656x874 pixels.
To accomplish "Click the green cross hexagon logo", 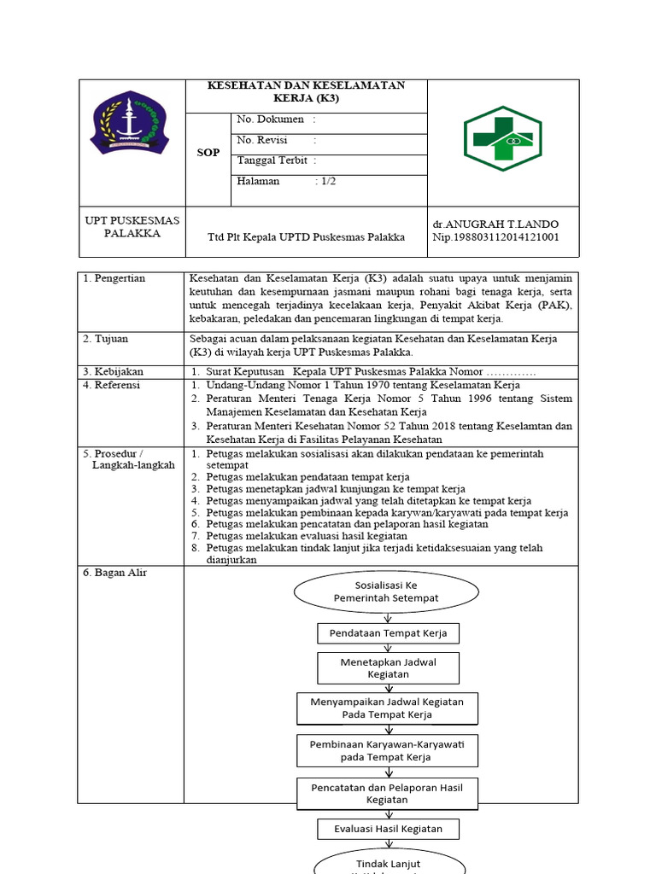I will point(502,138).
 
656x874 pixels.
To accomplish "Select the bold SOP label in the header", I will point(208,153).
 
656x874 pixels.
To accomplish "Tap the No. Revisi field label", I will point(262,140).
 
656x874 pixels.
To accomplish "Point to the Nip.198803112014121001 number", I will point(496,237).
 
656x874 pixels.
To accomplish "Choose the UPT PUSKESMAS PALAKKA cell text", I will point(132,227).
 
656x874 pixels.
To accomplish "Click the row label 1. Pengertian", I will point(114,278).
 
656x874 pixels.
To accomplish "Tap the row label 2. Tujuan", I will point(106,339).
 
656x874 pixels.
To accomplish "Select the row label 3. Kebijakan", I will point(113,372).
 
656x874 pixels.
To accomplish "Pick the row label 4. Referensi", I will point(113,386).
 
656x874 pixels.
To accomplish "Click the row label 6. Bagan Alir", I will point(115,573).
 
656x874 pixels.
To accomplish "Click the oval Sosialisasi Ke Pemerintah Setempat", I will point(386,591).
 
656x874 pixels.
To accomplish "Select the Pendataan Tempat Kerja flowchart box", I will point(388,632).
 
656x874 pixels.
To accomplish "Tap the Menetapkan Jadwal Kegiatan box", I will point(388,667).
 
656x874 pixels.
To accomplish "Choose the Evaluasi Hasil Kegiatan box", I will point(388,829).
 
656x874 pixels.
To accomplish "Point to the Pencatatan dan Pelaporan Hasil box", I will point(388,794).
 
